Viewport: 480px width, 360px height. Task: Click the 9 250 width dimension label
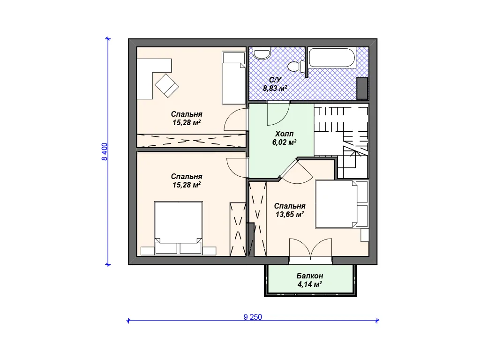coord(253,317)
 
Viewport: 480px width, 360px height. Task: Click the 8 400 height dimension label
coord(105,151)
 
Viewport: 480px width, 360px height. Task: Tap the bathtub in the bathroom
coord(332,58)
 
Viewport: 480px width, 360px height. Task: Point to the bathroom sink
coord(262,53)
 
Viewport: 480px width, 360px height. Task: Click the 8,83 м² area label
coord(275,89)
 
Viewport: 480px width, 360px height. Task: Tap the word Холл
coord(284,134)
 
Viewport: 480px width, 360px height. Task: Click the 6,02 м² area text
coord(284,142)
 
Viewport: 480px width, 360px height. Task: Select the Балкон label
coord(310,276)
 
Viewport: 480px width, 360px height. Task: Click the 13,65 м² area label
coord(290,214)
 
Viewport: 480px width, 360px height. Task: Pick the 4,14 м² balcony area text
coord(309,285)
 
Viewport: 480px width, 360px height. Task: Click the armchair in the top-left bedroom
coord(167,85)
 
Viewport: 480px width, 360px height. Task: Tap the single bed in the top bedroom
coord(234,78)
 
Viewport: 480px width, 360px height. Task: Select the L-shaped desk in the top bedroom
coord(154,79)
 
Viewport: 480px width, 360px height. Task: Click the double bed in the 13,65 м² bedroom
coord(342,204)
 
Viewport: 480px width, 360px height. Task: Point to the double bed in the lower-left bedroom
coord(178,228)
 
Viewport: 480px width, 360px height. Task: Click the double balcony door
coord(310,249)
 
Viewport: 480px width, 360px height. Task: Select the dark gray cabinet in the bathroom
coord(362,89)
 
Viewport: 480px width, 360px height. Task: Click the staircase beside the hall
coord(341,141)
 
